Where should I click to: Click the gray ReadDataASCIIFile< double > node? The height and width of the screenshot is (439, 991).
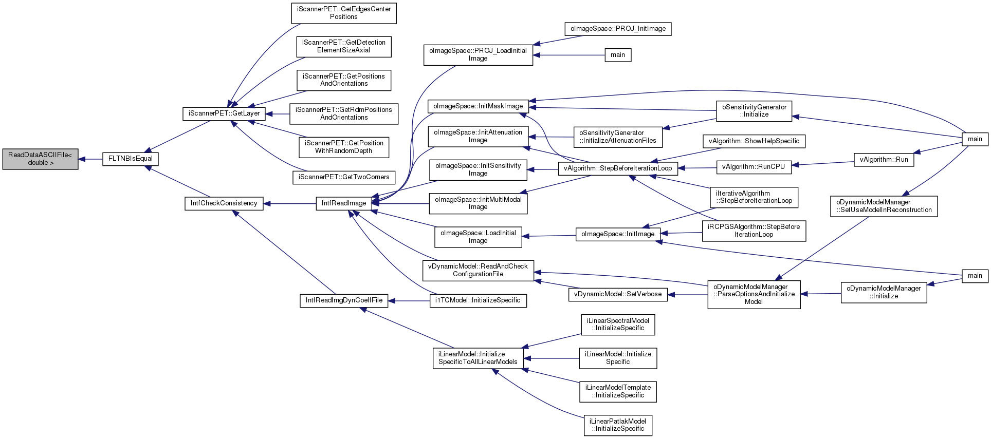point(40,159)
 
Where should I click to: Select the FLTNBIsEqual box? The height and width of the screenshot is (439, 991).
point(131,159)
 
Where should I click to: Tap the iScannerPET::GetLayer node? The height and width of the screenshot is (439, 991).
point(224,113)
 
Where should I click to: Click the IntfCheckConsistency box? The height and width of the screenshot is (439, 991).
point(224,203)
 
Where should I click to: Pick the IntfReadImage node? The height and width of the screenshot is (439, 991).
point(344,203)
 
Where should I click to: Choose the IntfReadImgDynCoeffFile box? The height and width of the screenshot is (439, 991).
point(344,300)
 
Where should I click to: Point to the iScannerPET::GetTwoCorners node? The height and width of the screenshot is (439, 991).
point(344,177)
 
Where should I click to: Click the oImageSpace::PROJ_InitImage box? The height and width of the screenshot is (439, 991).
point(618,29)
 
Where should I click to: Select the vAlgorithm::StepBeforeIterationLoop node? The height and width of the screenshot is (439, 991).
point(618,168)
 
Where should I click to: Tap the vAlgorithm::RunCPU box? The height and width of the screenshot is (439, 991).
point(754,167)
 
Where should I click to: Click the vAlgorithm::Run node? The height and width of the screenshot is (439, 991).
point(884,160)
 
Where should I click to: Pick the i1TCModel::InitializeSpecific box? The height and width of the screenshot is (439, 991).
point(478,300)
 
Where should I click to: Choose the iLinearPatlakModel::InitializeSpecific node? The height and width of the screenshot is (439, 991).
point(618,425)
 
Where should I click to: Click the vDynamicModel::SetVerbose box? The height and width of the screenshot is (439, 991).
point(618,294)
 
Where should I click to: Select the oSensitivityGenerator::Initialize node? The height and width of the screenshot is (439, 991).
point(754,111)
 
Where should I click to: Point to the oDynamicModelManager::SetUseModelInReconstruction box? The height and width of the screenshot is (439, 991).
point(884,206)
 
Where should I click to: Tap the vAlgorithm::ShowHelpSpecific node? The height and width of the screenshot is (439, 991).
point(754,141)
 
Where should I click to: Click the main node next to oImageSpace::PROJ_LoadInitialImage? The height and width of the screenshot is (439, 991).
point(618,55)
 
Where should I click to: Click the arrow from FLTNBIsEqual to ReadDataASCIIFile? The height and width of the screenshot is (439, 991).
point(90,159)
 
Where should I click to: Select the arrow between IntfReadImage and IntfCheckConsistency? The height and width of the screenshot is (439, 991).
point(290,203)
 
